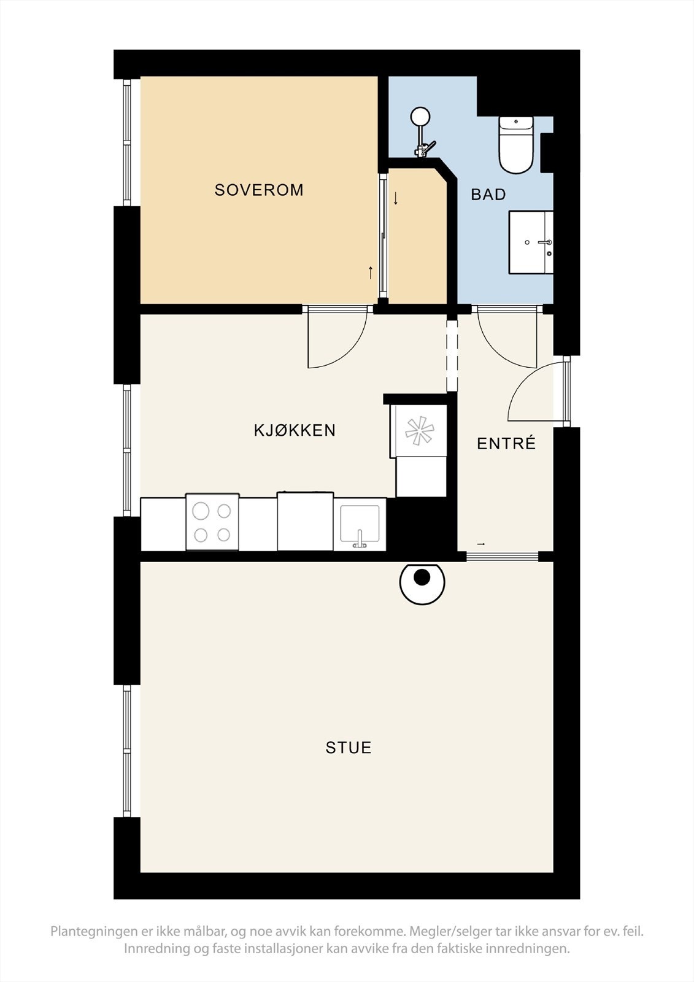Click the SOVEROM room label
tap(259, 190)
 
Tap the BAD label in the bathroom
tap(488, 195)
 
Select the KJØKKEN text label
tap(295, 430)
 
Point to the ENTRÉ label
tap(506, 443)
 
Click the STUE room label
tap(349, 748)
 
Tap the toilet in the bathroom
tap(516, 145)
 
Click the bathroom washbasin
tap(531, 242)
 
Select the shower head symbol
tap(420, 116)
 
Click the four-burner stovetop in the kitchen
tap(212, 522)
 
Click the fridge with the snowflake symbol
tap(419, 431)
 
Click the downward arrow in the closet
tap(396, 199)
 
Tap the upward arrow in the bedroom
tap(371, 273)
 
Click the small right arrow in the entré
tap(480, 544)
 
